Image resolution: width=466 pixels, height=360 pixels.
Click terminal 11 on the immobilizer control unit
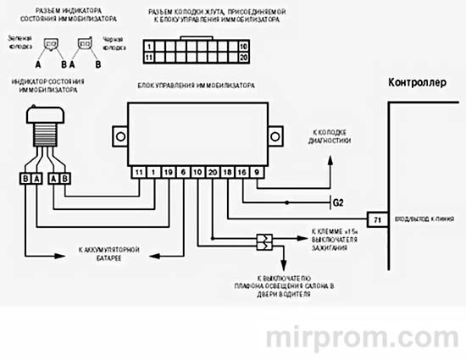point(139,172)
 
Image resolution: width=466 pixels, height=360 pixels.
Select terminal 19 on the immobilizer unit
point(168,172)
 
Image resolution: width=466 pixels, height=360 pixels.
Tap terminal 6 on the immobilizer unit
point(183,172)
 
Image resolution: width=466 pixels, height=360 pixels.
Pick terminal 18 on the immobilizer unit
point(227,172)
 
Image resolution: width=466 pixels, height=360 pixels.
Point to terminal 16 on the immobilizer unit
point(242,172)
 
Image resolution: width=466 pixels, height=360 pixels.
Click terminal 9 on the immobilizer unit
point(257,172)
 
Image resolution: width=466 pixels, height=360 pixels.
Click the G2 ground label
point(337,202)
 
